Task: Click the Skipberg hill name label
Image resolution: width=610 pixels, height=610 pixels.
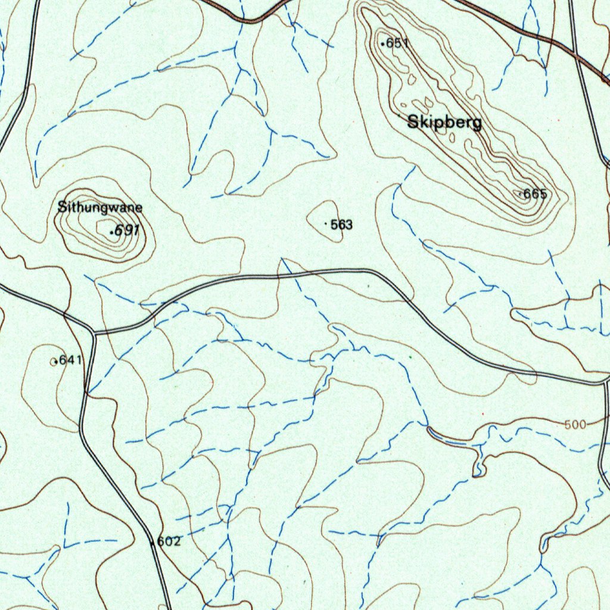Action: (444, 123)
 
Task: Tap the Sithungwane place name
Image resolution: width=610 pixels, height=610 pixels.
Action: (99, 208)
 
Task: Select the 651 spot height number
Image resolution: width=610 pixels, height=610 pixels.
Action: (397, 43)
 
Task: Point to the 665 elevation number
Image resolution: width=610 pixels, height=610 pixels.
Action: (535, 194)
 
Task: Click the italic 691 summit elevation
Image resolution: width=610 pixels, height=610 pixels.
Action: (127, 230)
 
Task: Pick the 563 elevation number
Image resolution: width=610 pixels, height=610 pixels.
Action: (341, 225)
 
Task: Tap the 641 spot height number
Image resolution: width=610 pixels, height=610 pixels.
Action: (70, 360)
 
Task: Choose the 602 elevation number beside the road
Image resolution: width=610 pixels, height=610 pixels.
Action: (169, 541)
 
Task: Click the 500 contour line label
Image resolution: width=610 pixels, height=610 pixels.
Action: (575, 424)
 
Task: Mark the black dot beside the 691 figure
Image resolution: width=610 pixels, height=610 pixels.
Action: (111, 232)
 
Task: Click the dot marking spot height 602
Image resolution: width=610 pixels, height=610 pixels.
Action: (154, 543)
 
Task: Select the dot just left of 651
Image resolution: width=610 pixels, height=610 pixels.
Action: (382, 43)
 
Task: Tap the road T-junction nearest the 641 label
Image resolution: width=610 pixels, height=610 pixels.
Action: (94, 332)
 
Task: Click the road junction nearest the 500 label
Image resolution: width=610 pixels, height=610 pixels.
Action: (605, 381)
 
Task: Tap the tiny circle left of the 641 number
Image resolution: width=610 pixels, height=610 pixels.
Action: (55, 362)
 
